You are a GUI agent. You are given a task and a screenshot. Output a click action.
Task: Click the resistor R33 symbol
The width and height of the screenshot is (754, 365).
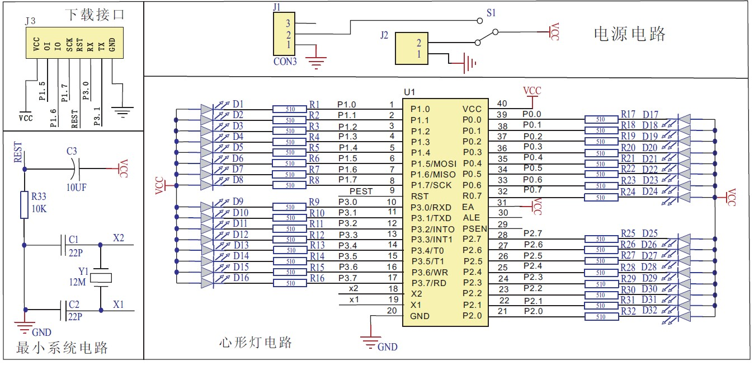24,205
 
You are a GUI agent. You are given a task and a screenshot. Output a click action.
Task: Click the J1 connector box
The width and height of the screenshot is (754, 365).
284,34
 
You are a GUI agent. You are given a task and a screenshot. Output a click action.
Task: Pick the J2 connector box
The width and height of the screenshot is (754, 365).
411,48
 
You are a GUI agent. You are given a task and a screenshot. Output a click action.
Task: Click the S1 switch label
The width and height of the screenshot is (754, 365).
491,13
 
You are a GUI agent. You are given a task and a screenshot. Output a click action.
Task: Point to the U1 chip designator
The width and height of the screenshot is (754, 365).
409,92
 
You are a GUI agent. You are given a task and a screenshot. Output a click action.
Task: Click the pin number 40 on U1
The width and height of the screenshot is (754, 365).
502,104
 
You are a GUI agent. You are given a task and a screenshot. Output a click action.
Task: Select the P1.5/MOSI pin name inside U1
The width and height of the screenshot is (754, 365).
433,164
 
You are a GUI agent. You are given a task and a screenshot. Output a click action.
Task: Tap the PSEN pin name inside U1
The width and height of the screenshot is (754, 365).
475,229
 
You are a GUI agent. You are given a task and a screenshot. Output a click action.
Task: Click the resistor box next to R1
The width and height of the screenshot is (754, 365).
290,109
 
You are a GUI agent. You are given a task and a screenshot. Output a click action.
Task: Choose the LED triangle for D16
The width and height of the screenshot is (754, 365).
206,283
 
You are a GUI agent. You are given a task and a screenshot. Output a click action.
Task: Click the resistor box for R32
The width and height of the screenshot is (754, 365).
601,316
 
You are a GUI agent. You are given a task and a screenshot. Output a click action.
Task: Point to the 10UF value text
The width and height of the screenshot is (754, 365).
77,188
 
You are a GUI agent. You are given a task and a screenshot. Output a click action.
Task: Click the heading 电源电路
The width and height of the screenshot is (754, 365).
629,34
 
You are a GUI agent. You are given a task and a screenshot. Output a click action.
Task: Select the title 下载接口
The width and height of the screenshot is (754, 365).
95,15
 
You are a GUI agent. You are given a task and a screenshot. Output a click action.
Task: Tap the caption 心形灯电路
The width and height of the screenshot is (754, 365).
255,343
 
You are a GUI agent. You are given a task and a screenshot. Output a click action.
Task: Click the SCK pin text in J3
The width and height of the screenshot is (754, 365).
69,44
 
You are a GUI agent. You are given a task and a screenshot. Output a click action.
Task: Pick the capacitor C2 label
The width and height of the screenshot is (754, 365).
74,305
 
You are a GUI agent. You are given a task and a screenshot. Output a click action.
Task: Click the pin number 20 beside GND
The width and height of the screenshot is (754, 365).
392,310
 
